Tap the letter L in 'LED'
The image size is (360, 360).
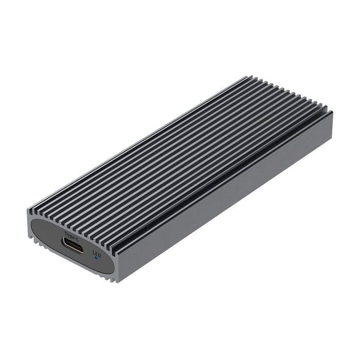pyautogui.click(x=93, y=251)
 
